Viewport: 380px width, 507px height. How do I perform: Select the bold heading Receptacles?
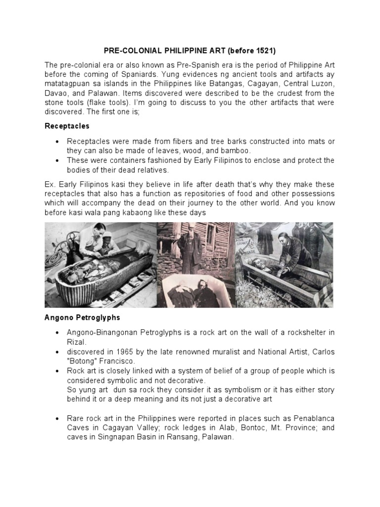67,126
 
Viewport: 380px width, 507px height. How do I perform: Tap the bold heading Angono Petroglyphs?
82,317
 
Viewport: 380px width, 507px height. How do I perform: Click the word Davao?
57,93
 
